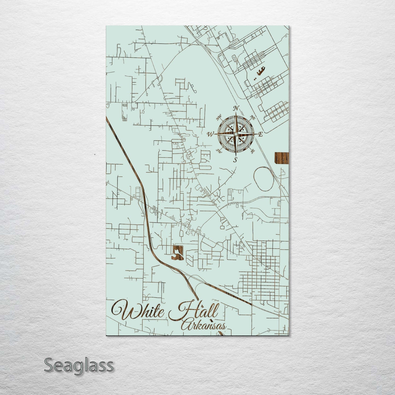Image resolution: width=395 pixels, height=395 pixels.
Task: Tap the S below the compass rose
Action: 235,160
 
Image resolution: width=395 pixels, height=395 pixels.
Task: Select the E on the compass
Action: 260,134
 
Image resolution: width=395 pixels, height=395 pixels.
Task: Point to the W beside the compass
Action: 210,134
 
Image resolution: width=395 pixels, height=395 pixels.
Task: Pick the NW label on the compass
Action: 219,118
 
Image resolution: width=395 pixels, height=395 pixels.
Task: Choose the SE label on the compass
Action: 253,151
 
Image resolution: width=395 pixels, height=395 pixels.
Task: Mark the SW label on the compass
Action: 219,150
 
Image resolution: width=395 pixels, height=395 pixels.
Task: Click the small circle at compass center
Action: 235,134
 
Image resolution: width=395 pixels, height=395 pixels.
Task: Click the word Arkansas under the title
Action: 204,325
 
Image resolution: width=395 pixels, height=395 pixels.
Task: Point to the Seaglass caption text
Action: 78,365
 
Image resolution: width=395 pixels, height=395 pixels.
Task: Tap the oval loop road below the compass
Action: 264,179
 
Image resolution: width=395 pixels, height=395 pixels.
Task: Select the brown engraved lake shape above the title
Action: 177,253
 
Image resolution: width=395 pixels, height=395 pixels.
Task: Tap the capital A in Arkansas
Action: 186,325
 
